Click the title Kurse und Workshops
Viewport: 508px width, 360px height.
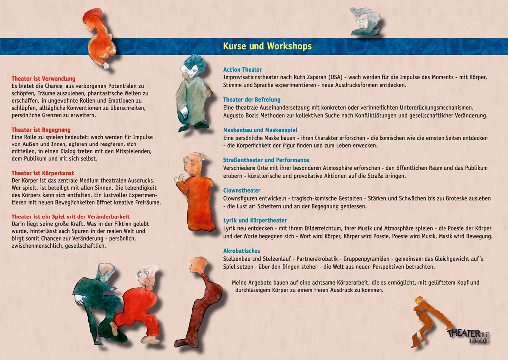pos(267,46)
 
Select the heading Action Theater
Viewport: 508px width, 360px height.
pos(243,70)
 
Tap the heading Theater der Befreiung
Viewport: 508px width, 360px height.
pos(252,100)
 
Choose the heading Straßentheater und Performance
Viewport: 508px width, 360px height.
pos(266,160)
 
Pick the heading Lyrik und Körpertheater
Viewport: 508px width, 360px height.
pos(255,221)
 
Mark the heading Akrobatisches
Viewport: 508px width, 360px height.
pos(242,251)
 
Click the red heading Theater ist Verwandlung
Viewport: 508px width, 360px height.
pos(44,79)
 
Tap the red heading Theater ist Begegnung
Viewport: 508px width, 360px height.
pos(41,130)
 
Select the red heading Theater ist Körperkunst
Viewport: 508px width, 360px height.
pos(43,173)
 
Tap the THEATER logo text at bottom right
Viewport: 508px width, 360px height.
pos(464,333)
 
